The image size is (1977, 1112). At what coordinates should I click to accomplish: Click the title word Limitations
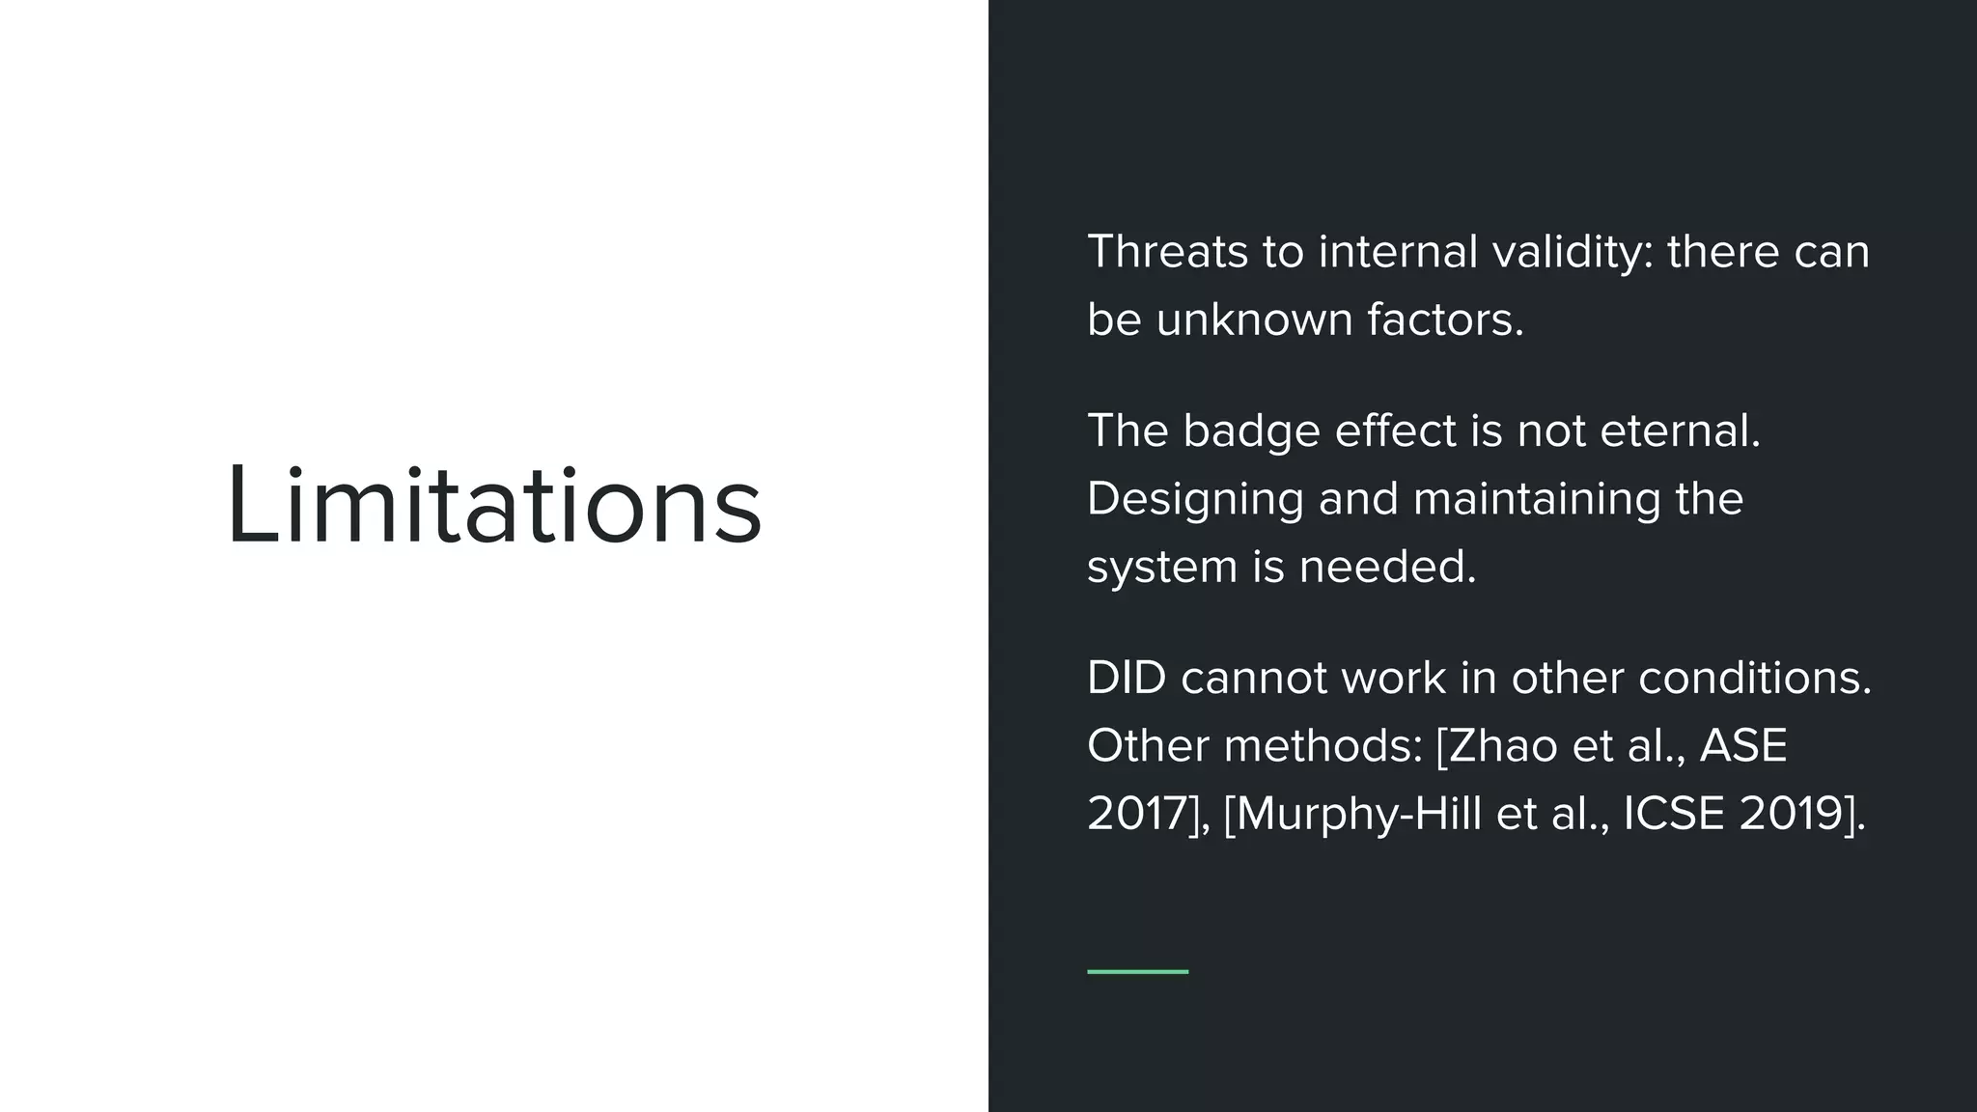click(x=494, y=507)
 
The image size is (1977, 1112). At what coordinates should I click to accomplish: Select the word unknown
click(x=1255, y=320)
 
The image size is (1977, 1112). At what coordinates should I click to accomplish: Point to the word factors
click(x=1445, y=320)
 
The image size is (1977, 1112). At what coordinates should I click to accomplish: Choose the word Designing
click(x=1194, y=499)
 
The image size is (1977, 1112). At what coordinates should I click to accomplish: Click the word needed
click(x=1387, y=567)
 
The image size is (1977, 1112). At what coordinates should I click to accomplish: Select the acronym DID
click(x=1127, y=678)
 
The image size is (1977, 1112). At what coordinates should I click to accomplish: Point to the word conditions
click(x=1754, y=678)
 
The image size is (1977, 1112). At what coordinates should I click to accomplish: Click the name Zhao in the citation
click(x=1503, y=746)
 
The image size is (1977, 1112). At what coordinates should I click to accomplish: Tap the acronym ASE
click(x=1743, y=746)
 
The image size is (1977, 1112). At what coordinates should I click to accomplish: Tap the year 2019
click(x=1792, y=814)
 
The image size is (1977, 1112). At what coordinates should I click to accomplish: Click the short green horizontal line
click(x=1137, y=971)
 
